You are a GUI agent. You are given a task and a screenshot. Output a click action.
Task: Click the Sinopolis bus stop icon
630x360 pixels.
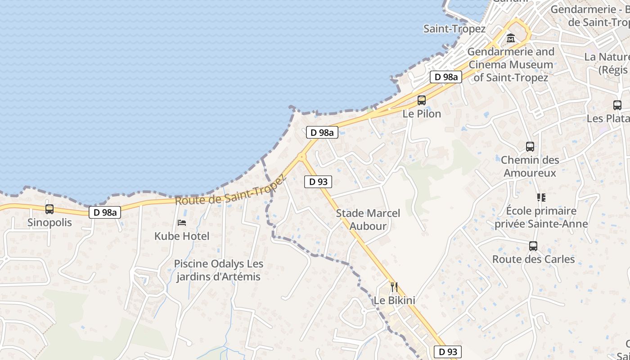(x=49, y=209)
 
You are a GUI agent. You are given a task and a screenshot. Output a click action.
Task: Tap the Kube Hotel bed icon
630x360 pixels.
(x=182, y=223)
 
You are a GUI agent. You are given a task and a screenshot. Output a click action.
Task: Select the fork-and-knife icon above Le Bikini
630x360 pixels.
(x=394, y=287)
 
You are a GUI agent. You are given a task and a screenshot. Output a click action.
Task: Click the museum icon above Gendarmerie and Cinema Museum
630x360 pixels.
(x=511, y=39)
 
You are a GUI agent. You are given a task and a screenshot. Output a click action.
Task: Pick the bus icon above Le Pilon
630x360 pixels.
(x=422, y=100)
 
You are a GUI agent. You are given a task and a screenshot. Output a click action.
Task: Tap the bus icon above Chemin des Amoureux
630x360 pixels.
(x=530, y=147)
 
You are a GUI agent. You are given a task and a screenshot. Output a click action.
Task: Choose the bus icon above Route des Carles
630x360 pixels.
(x=533, y=246)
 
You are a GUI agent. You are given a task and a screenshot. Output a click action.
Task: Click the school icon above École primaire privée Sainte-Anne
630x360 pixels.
(x=541, y=198)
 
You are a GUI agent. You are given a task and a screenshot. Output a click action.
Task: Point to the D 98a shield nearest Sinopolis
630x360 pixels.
(x=105, y=212)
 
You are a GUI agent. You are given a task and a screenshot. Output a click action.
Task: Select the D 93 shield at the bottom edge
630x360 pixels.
(x=448, y=352)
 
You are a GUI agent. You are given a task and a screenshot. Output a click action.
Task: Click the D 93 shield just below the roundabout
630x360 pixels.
(x=318, y=182)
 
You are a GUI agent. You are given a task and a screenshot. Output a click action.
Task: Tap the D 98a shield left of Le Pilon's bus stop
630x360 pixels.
(x=446, y=77)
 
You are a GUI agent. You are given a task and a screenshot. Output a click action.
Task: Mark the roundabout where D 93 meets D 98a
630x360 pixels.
(x=301, y=157)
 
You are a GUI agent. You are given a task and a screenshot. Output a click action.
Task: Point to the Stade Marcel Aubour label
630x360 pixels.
(x=368, y=220)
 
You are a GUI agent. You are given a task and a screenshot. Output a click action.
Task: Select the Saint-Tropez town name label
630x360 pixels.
(x=454, y=29)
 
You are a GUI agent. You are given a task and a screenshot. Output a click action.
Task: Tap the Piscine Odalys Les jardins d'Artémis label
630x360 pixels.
(x=219, y=270)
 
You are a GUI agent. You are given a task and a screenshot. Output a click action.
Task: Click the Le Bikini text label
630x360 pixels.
(x=395, y=300)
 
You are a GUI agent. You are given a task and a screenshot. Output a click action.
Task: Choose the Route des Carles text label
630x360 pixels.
(x=533, y=259)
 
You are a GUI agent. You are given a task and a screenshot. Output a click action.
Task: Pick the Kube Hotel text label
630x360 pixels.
(x=182, y=236)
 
